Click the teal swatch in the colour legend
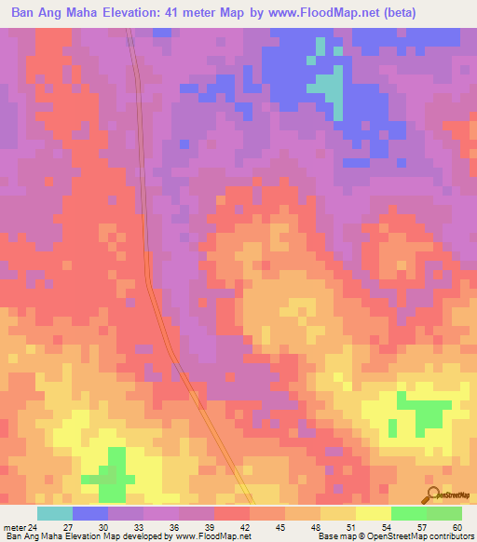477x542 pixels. (x=55, y=513)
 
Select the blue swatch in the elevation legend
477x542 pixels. (x=90, y=513)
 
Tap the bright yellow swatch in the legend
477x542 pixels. (x=374, y=513)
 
